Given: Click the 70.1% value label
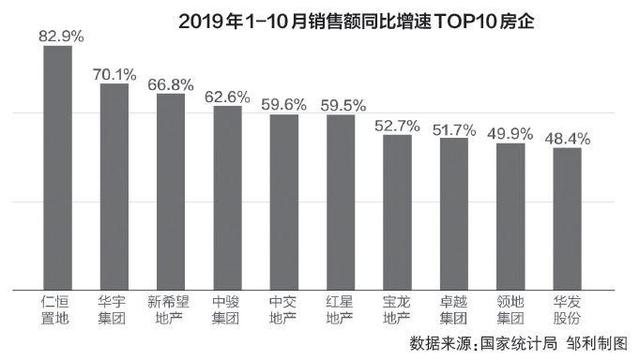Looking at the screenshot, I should click(115, 72).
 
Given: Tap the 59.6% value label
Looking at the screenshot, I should click(285, 103).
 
